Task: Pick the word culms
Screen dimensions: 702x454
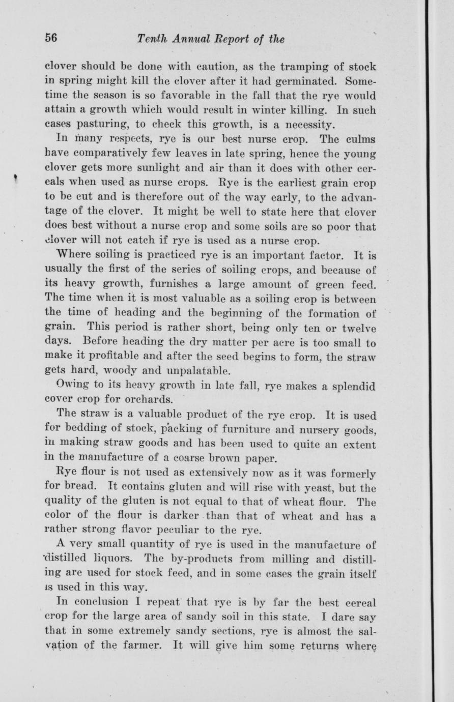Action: (x=358, y=138)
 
